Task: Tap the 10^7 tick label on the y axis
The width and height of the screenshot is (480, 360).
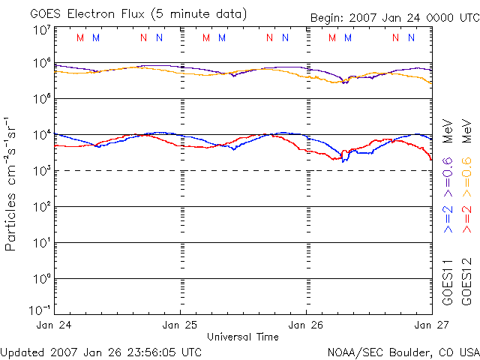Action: pos(42,30)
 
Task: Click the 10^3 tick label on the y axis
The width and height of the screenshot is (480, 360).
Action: pos(42,171)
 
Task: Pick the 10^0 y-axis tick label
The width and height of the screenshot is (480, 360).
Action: pos(42,279)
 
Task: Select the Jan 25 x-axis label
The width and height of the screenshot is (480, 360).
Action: pos(181,325)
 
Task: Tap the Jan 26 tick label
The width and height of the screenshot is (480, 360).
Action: pos(306,325)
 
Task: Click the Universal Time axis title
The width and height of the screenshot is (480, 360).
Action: pos(243,337)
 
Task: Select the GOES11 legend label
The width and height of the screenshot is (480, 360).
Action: pos(448,282)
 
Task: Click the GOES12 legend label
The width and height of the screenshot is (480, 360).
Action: pos(466,282)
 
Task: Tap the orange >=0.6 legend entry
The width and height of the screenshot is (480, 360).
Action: pos(466,172)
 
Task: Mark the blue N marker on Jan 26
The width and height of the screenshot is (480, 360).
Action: pos(410,38)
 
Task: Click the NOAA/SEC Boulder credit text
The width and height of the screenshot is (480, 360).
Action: pos(403,352)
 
